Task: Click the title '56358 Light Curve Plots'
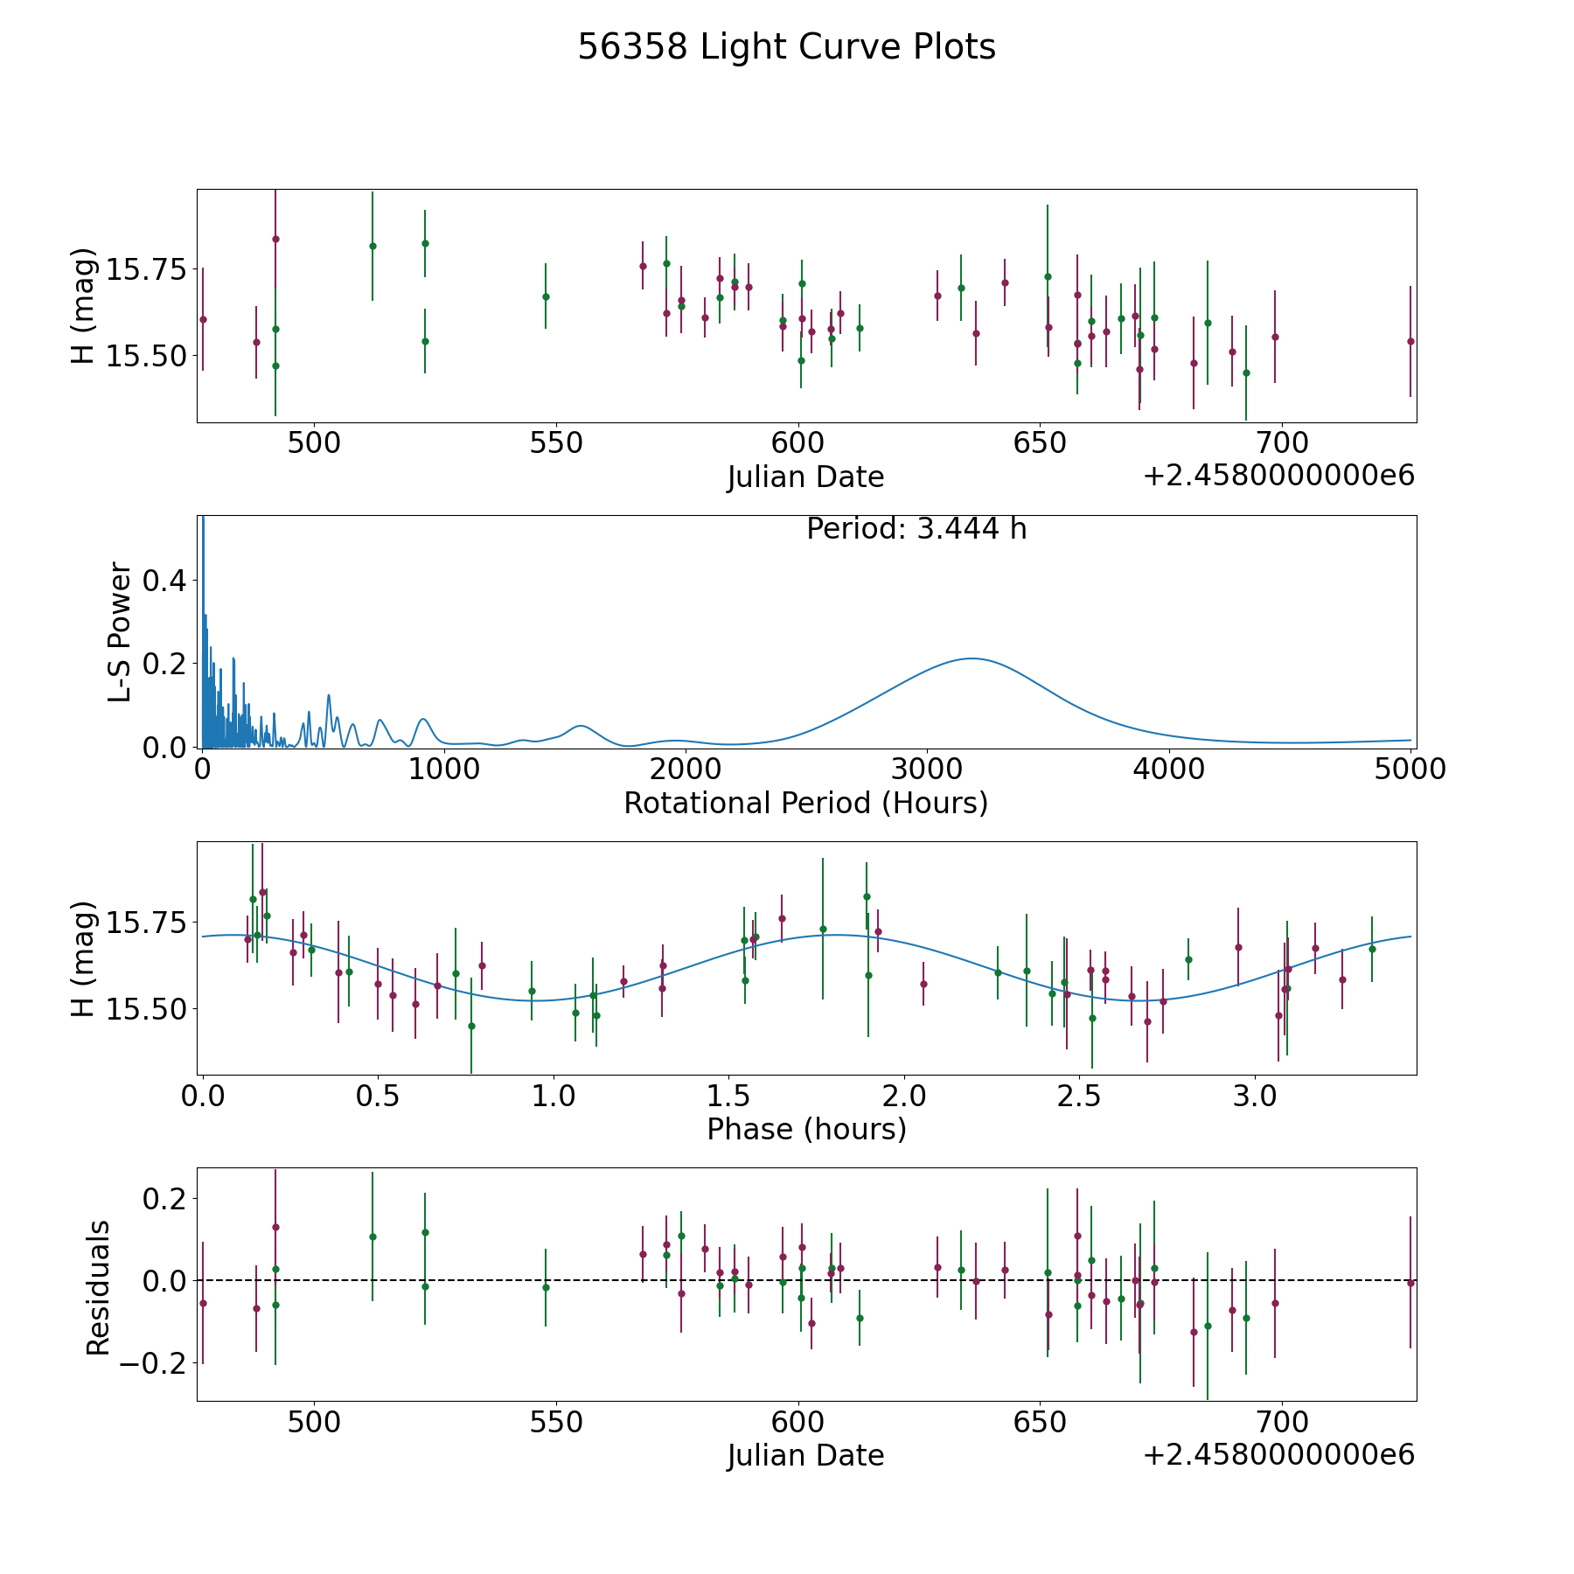(x=786, y=47)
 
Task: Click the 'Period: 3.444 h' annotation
(x=916, y=529)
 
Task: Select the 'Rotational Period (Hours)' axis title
(x=805, y=803)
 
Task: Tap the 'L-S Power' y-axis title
(x=120, y=632)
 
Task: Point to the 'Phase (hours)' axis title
(x=806, y=1129)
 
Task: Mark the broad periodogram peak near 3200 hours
(x=971, y=658)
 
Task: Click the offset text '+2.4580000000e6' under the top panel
(x=1278, y=476)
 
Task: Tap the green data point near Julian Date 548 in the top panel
(x=546, y=296)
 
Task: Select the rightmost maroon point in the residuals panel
(x=1410, y=1283)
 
